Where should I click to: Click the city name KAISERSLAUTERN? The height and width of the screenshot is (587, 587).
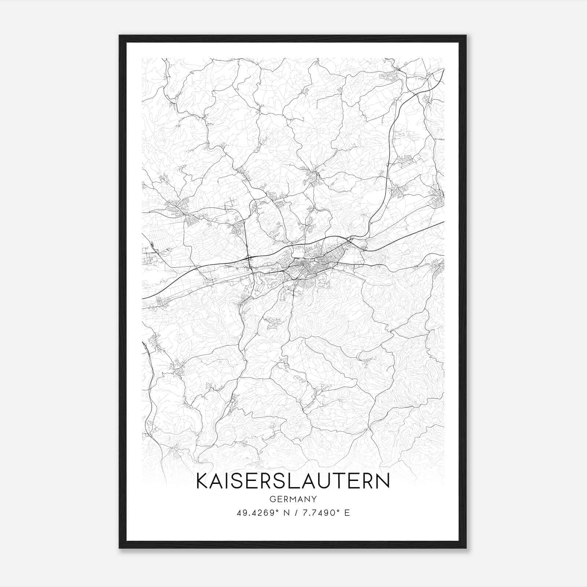[x=293, y=481]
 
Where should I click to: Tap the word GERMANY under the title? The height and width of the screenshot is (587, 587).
[x=293, y=499]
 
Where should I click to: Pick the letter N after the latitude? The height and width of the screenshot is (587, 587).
[x=286, y=513]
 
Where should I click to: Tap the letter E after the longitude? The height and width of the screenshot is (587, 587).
[x=347, y=513]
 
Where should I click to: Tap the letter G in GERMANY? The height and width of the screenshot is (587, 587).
[x=272, y=499]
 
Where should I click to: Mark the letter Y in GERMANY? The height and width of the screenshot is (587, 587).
[x=314, y=499]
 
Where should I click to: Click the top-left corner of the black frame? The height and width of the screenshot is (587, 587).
[x=120, y=36]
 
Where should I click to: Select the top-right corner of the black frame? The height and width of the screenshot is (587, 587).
[x=466, y=36]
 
